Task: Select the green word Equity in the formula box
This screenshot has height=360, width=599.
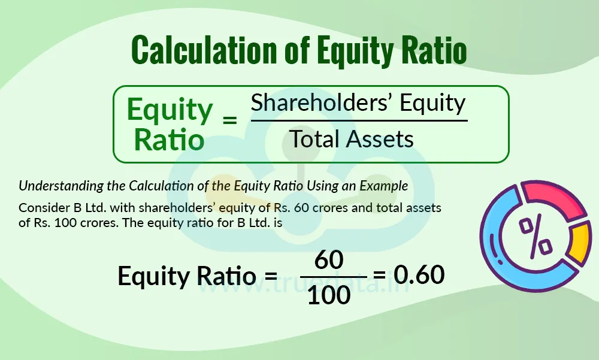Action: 170,110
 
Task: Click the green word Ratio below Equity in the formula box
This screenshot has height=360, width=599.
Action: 168,140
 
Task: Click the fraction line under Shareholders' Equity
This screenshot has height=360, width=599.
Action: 359,120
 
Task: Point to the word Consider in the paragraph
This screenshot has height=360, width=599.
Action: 40,208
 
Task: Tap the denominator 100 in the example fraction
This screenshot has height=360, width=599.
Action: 328,294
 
